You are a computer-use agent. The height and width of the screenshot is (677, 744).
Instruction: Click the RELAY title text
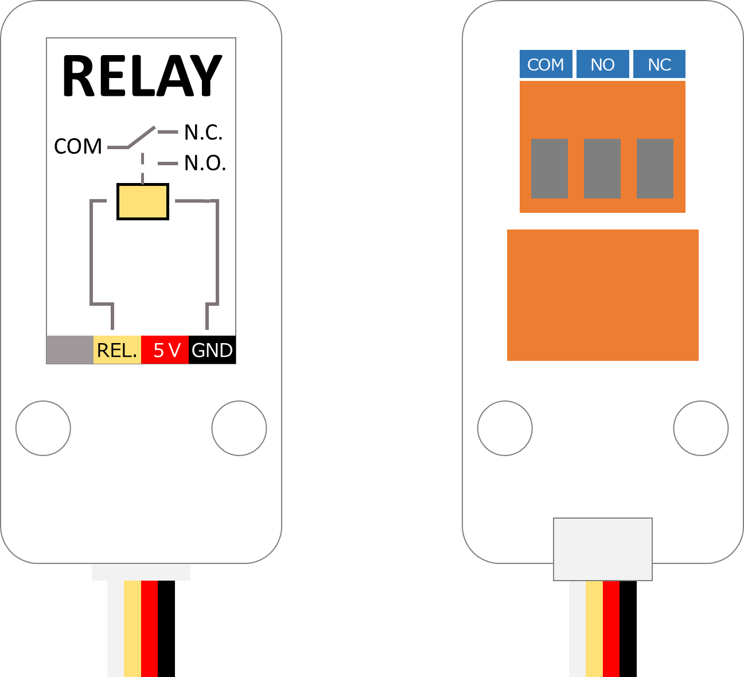point(142,76)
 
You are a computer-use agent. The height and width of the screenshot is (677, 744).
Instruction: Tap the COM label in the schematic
point(78,147)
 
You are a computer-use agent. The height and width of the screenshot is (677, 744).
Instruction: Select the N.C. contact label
point(203,133)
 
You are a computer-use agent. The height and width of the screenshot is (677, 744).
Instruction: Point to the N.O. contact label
point(205,164)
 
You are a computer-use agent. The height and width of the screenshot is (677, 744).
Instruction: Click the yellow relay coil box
point(143,201)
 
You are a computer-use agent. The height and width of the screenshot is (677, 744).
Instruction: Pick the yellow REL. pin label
point(117,350)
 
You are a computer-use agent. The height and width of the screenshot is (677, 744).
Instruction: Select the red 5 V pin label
point(165,350)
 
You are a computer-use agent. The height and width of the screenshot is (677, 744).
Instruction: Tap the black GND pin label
point(212,350)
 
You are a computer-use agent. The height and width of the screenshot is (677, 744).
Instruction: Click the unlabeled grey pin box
point(70,350)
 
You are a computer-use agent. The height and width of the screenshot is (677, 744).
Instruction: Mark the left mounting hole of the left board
point(44,428)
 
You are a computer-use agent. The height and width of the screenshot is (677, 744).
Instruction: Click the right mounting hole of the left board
point(239,428)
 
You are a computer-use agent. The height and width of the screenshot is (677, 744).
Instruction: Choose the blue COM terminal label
point(546,64)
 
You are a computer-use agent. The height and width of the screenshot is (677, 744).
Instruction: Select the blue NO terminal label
point(602,64)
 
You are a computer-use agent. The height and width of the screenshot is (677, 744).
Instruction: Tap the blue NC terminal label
point(659,64)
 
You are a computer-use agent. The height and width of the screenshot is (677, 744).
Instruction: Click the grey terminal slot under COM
point(550,169)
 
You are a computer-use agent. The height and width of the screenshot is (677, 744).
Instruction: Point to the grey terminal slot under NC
point(655,169)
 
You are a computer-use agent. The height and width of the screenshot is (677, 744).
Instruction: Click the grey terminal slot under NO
point(602,169)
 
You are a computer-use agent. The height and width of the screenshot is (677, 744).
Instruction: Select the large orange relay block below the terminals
point(603,295)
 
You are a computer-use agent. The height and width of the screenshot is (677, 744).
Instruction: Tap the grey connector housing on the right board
point(603,549)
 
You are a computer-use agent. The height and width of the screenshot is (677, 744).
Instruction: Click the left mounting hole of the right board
point(505,428)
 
